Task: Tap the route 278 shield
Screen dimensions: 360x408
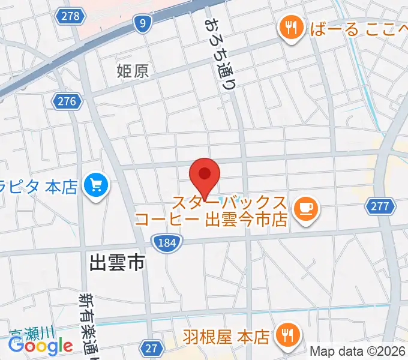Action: click(70, 16)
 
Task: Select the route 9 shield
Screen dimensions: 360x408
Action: click(142, 23)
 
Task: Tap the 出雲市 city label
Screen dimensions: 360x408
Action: click(118, 262)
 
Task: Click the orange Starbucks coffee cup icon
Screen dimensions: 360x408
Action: click(306, 208)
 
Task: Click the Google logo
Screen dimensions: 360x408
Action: click(40, 346)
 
